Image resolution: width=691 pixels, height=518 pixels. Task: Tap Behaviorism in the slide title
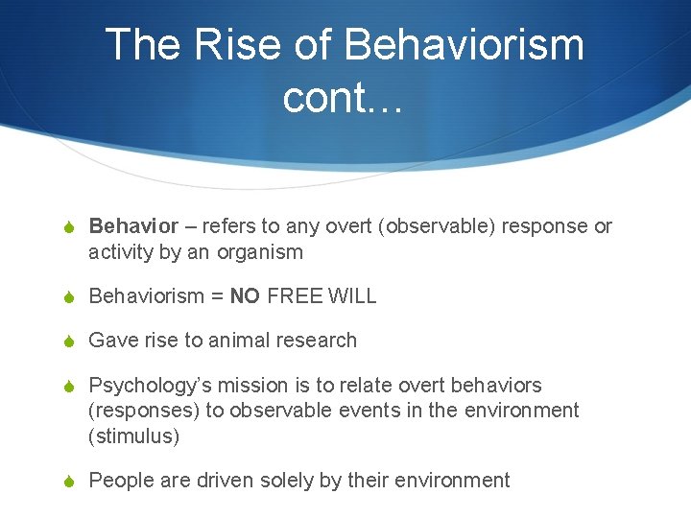(x=463, y=45)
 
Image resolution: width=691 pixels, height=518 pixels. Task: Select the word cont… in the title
(x=344, y=97)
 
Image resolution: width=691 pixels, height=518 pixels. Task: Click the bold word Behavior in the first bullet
(x=133, y=226)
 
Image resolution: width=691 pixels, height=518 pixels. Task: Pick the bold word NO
(x=245, y=296)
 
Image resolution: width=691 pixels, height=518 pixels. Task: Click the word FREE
(x=295, y=296)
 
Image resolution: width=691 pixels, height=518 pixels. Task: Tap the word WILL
(x=352, y=296)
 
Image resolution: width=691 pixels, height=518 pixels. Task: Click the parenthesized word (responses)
(x=138, y=411)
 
